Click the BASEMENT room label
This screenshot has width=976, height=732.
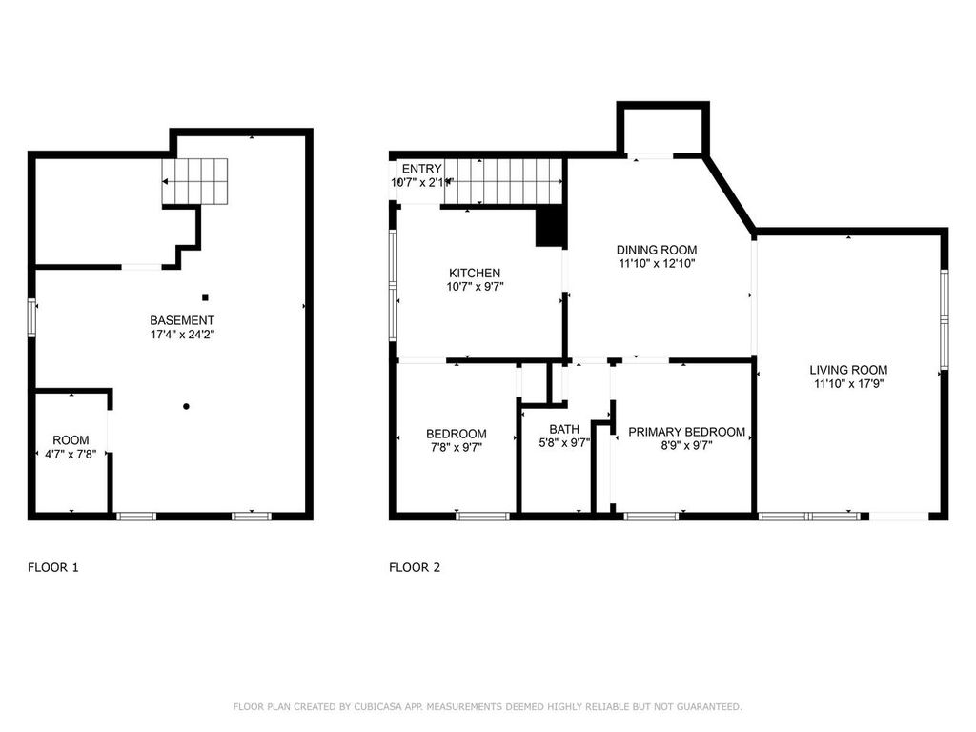click(x=181, y=320)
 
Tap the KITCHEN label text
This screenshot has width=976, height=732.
click(x=475, y=274)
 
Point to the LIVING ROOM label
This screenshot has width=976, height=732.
click(x=848, y=370)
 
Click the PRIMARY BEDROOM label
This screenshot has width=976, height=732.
click(x=686, y=432)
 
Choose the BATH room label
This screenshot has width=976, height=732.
click(x=563, y=429)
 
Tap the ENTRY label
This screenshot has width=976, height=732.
click(x=421, y=169)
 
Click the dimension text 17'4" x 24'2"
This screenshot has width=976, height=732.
click(x=181, y=335)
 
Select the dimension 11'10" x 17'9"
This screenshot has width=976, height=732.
click(x=848, y=384)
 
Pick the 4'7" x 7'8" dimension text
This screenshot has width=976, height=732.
click(x=71, y=454)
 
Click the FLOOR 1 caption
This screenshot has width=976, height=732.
click(x=52, y=568)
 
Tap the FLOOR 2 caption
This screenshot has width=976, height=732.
click(x=415, y=568)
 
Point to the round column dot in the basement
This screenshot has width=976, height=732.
click(x=187, y=407)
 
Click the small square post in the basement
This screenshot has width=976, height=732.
click(x=205, y=296)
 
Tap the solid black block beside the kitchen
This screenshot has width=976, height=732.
click(x=550, y=228)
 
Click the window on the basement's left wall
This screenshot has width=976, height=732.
click(x=31, y=317)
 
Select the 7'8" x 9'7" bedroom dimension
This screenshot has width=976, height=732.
click(x=456, y=447)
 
